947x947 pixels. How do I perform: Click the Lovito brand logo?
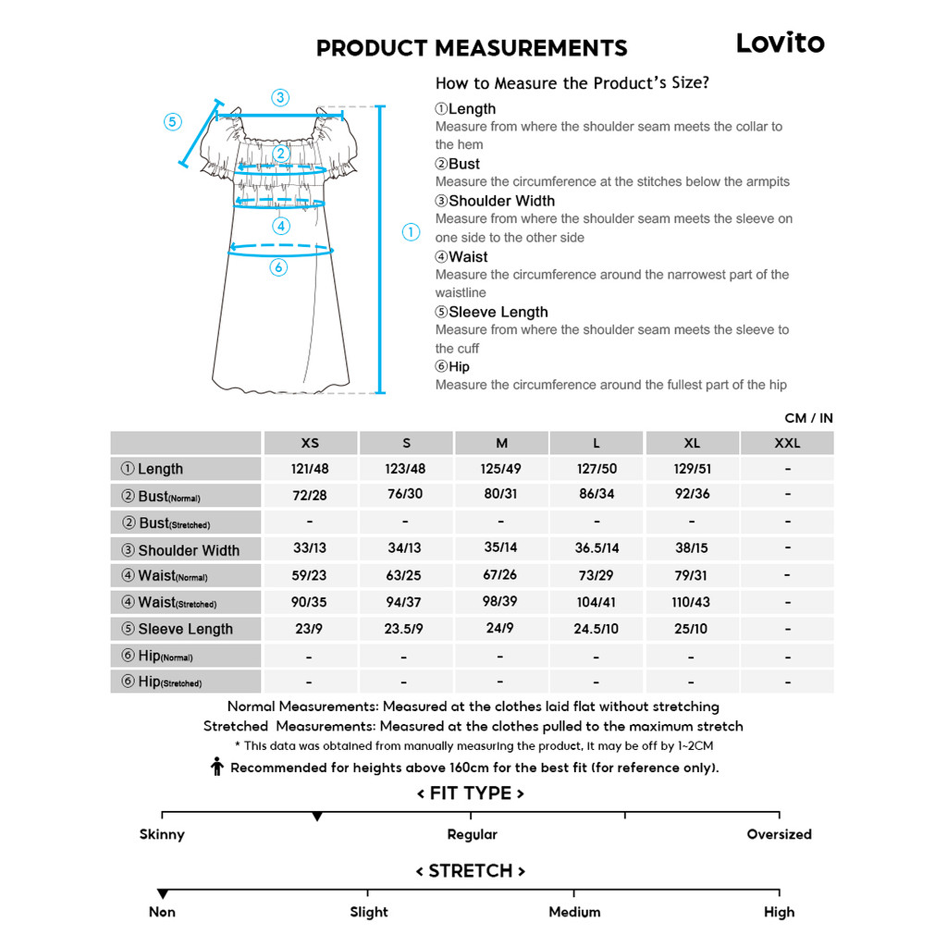coord(780,43)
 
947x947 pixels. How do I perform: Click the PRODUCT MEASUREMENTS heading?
coord(472,48)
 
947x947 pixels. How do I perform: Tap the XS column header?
coord(310,443)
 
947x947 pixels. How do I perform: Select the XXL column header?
coord(787,443)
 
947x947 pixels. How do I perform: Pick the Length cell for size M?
coord(500,469)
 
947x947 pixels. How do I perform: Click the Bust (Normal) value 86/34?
coord(596,495)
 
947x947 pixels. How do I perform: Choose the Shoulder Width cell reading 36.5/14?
coord(596,548)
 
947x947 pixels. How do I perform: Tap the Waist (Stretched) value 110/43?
coord(692,602)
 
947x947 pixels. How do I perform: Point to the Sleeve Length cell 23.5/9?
coord(404,629)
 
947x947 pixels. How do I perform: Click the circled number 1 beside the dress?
coord(412,232)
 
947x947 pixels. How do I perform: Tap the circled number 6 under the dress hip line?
coord(278,267)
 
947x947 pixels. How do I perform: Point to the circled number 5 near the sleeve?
coord(173,122)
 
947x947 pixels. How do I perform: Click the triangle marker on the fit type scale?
coord(317,817)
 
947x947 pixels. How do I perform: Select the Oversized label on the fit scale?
coord(779,834)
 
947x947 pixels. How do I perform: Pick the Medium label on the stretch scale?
coord(574,912)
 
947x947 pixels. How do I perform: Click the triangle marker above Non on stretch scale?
coord(163,894)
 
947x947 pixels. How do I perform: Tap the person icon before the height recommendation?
coord(217,767)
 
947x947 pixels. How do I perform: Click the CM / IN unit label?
coord(807,418)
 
